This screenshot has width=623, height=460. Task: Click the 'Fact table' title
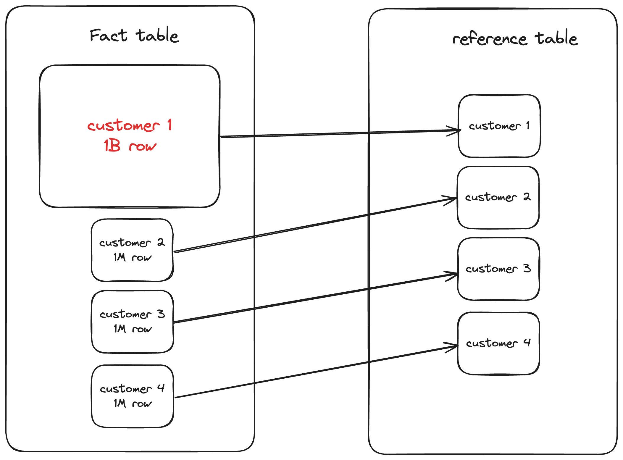(134, 35)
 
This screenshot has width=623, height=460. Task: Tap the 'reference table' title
(515, 38)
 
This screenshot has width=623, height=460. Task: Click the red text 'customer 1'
(130, 125)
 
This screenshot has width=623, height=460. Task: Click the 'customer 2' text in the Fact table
(132, 243)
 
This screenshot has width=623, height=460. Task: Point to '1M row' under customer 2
(132, 257)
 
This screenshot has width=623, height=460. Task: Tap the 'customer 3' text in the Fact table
(132, 314)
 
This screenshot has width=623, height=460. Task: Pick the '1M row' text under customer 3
(133, 329)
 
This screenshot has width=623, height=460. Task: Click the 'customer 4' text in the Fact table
(132, 388)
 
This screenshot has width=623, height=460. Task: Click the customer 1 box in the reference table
(499, 142)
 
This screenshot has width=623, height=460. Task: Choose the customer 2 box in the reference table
(498, 213)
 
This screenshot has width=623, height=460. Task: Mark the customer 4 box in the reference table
(499, 359)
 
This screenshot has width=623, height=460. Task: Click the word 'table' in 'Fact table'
(157, 35)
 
